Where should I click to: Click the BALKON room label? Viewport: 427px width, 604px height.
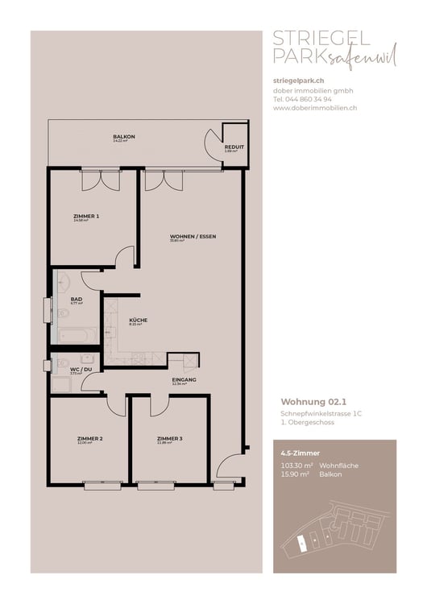[123, 137]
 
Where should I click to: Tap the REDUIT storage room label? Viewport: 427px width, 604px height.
[234, 147]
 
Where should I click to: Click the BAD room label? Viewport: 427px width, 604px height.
[76, 299]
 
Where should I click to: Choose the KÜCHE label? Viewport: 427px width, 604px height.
[138, 320]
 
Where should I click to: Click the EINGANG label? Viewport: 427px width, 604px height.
[184, 379]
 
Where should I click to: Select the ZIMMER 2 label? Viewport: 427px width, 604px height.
[89, 438]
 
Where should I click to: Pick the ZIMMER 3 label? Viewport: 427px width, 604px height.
[170, 438]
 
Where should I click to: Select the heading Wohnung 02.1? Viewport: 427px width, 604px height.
[312, 400]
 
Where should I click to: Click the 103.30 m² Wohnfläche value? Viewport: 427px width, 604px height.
[296, 466]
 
